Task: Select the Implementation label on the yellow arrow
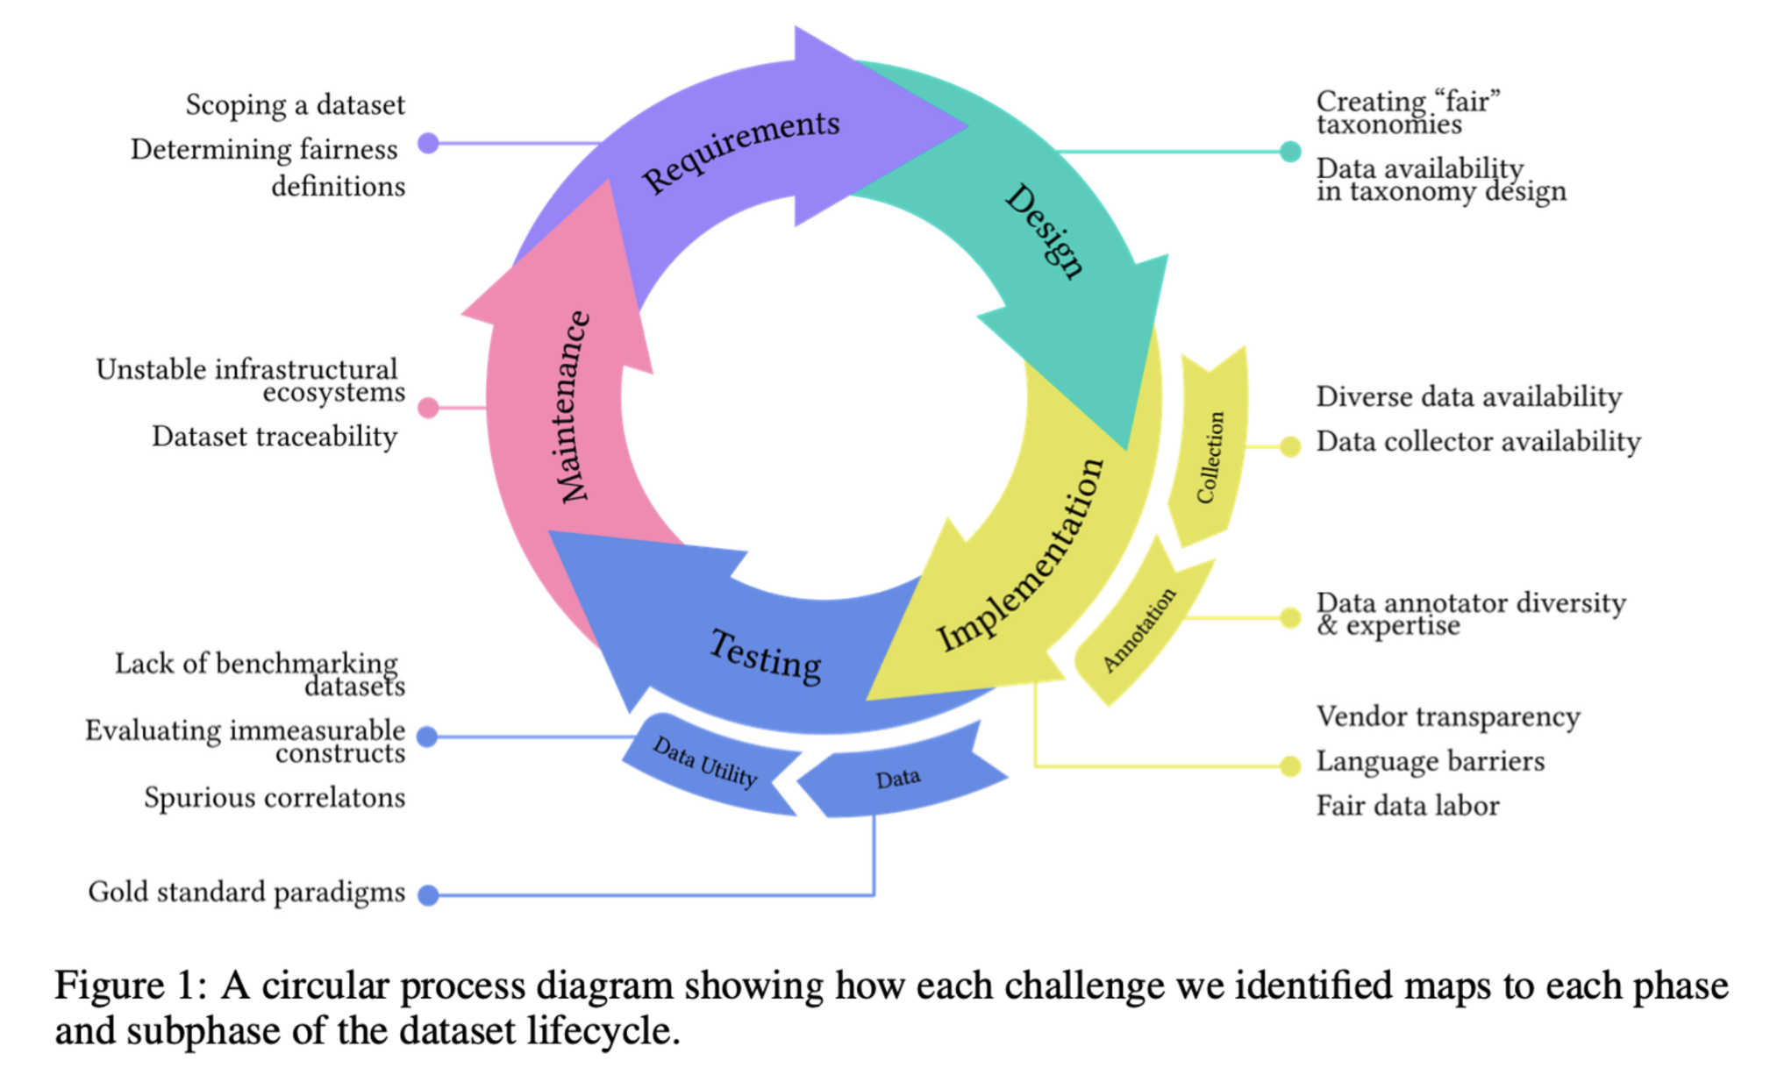point(1020,555)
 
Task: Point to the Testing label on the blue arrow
point(765,655)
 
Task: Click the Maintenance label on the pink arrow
point(575,407)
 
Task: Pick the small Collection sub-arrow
point(1210,457)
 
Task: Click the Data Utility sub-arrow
point(705,761)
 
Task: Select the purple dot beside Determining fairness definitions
point(428,143)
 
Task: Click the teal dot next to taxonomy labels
point(1289,152)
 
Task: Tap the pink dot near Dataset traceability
point(428,408)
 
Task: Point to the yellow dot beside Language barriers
point(1289,766)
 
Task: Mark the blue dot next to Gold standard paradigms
point(428,895)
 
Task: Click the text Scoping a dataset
point(295,105)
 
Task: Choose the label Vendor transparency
point(1448,716)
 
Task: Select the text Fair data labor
point(1408,806)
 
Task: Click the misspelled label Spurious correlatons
point(275,798)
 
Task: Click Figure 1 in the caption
point(130,986)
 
